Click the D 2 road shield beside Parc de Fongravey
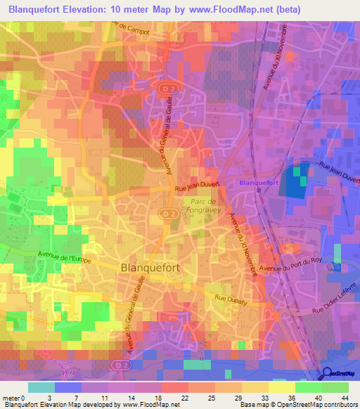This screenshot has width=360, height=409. coord(166,212)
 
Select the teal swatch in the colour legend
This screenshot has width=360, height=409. coord(41,387)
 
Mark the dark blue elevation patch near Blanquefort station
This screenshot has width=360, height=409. coord(290,183)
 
